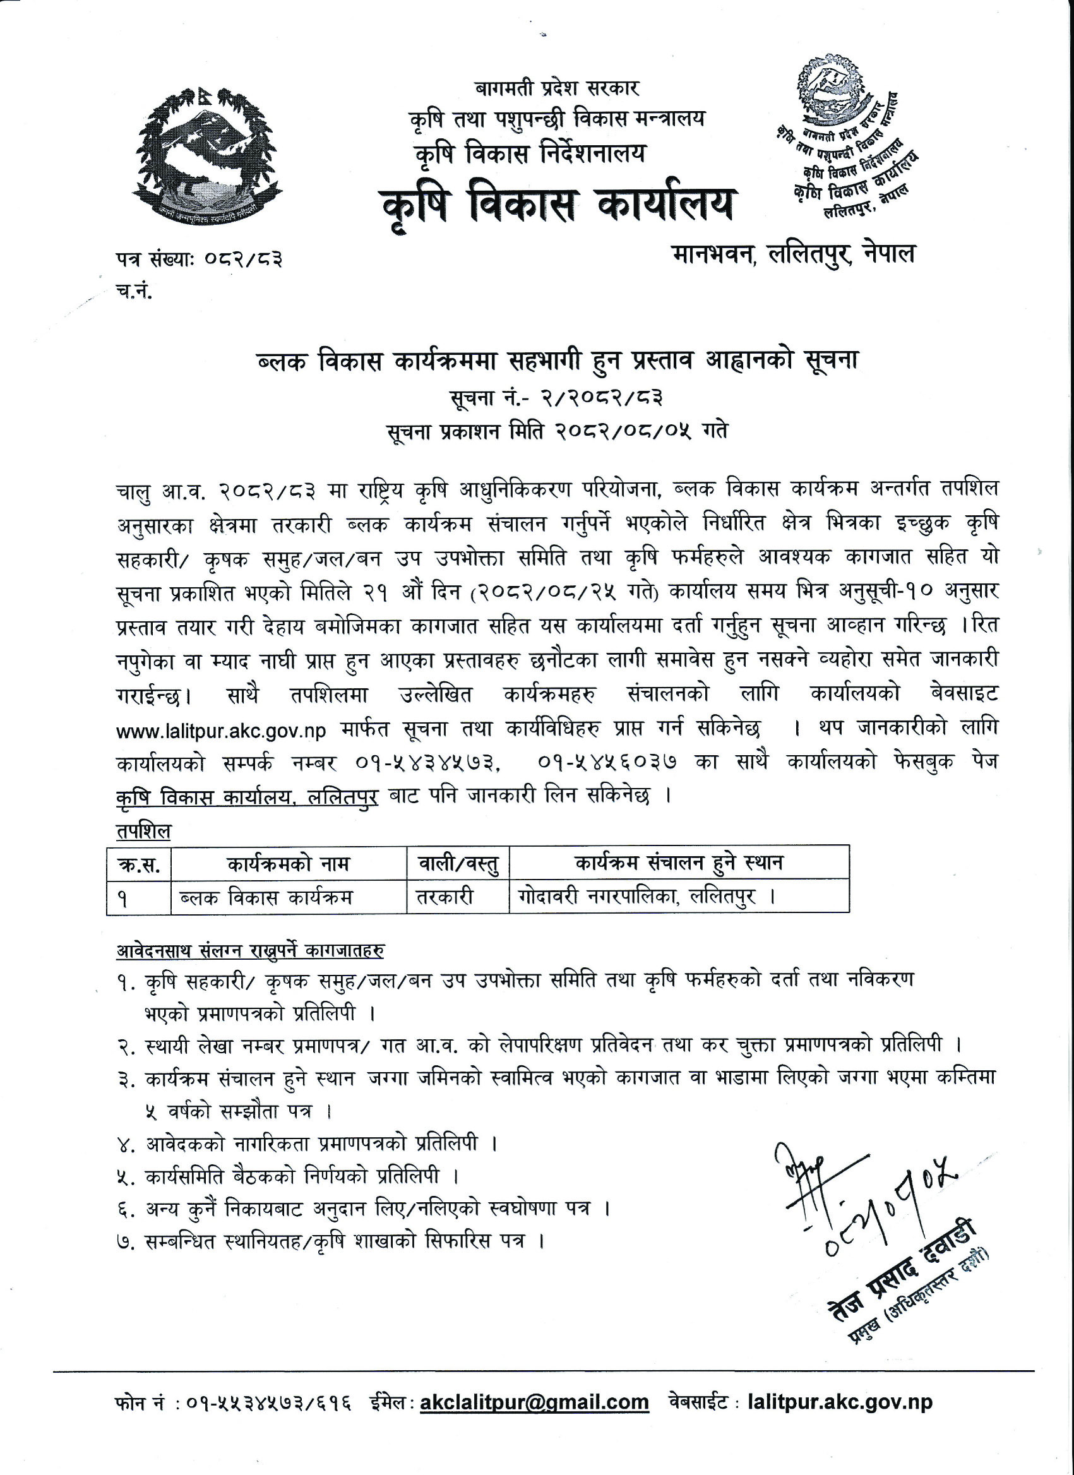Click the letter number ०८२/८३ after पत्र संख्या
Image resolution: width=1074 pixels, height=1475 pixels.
(243, 260)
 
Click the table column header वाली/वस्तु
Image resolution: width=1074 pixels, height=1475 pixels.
(458, 864)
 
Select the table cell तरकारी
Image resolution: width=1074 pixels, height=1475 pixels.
(445, 897)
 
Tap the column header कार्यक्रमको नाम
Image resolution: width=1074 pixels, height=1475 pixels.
(289, 864)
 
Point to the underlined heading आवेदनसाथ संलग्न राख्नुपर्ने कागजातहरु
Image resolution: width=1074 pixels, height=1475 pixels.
(250, 951)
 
